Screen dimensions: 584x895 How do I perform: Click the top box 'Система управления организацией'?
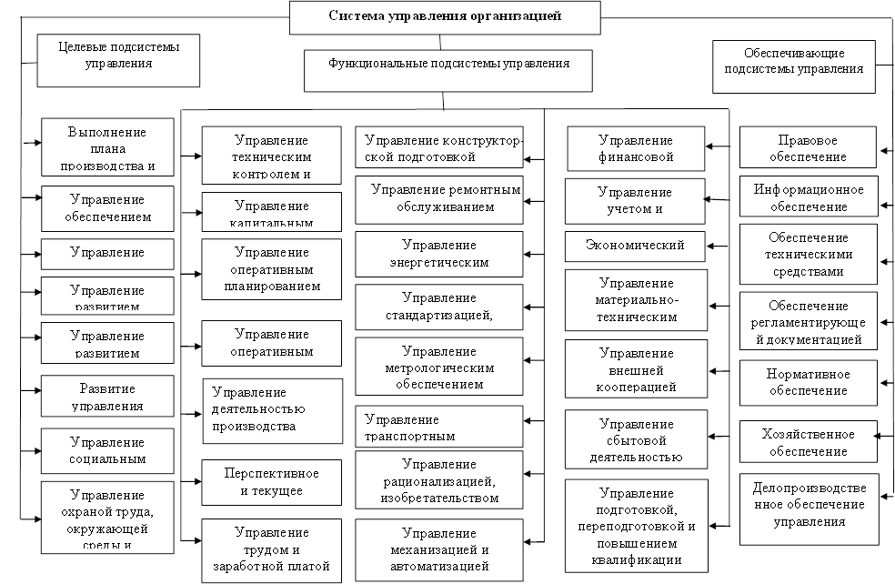point(445,16)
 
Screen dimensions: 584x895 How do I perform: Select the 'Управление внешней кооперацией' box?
point(636,370)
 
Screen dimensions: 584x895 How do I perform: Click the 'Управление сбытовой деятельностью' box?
point(636,441)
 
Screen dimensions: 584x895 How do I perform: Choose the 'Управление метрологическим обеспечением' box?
point(439,368)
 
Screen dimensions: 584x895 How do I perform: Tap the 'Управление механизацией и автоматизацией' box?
point(439,549)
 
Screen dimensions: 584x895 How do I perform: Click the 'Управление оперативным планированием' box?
point(271,268)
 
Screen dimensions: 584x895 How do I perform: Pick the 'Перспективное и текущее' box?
point(271,483)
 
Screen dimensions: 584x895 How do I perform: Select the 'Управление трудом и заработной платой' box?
point(271,549)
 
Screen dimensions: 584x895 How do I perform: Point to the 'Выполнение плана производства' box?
point(106,148)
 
